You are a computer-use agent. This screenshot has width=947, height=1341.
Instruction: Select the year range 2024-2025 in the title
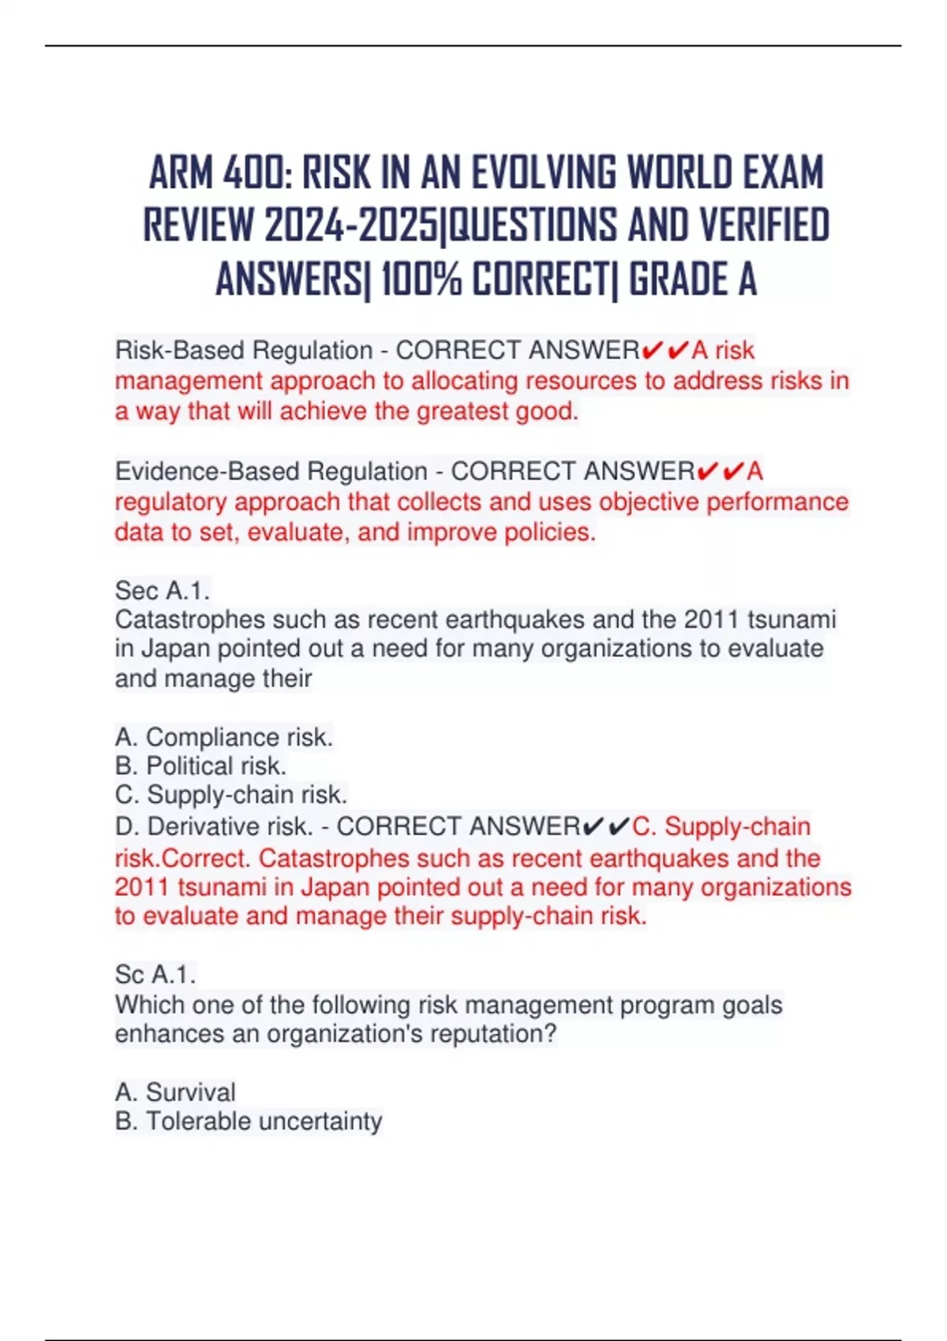[353, 226]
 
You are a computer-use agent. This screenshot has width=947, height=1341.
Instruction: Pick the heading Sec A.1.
[163, 590]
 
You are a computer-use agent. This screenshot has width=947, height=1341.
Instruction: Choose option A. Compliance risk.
[224, 737]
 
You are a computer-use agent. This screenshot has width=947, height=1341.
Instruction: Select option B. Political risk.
[200, 766]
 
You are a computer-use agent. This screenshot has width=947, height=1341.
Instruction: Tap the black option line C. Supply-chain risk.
[231, 794]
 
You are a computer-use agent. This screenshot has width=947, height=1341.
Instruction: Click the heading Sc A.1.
[155, 974]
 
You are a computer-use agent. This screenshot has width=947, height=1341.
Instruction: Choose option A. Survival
[175, 1092]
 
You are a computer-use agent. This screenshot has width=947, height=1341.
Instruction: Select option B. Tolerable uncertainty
[249, 1121]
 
